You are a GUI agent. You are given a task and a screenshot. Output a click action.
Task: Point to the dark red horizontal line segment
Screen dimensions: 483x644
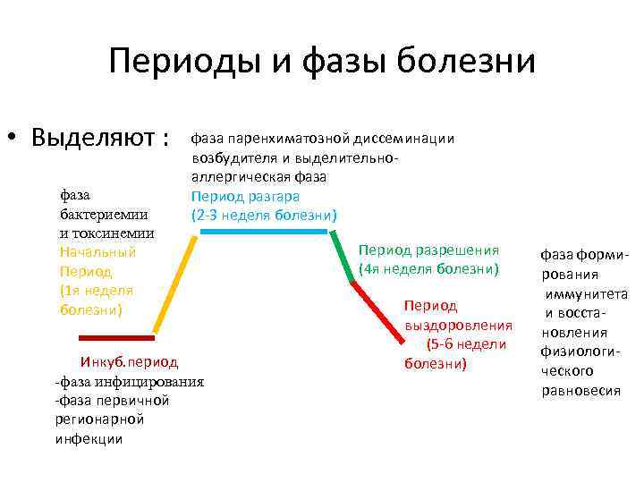point(116,337)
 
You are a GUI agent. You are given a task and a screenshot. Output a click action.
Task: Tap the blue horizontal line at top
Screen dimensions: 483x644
point(264,231)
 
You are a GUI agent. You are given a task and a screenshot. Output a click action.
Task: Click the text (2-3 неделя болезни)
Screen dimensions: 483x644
point(263,215)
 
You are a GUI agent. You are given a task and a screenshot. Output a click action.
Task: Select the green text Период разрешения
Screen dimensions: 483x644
point(428,250)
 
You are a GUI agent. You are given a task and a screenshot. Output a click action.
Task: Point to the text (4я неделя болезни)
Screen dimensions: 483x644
point(428,269)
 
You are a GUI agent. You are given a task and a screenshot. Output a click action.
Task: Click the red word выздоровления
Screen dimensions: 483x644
point(459,325)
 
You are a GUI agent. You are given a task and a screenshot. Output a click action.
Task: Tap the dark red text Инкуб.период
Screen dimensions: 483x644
point(129,362)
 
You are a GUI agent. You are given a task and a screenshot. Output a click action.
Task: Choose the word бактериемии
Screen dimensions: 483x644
point(104,215)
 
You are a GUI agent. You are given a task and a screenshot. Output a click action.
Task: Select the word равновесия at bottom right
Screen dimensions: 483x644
point(580,390)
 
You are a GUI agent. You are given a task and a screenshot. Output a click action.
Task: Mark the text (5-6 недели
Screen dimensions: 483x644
point(466,343)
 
